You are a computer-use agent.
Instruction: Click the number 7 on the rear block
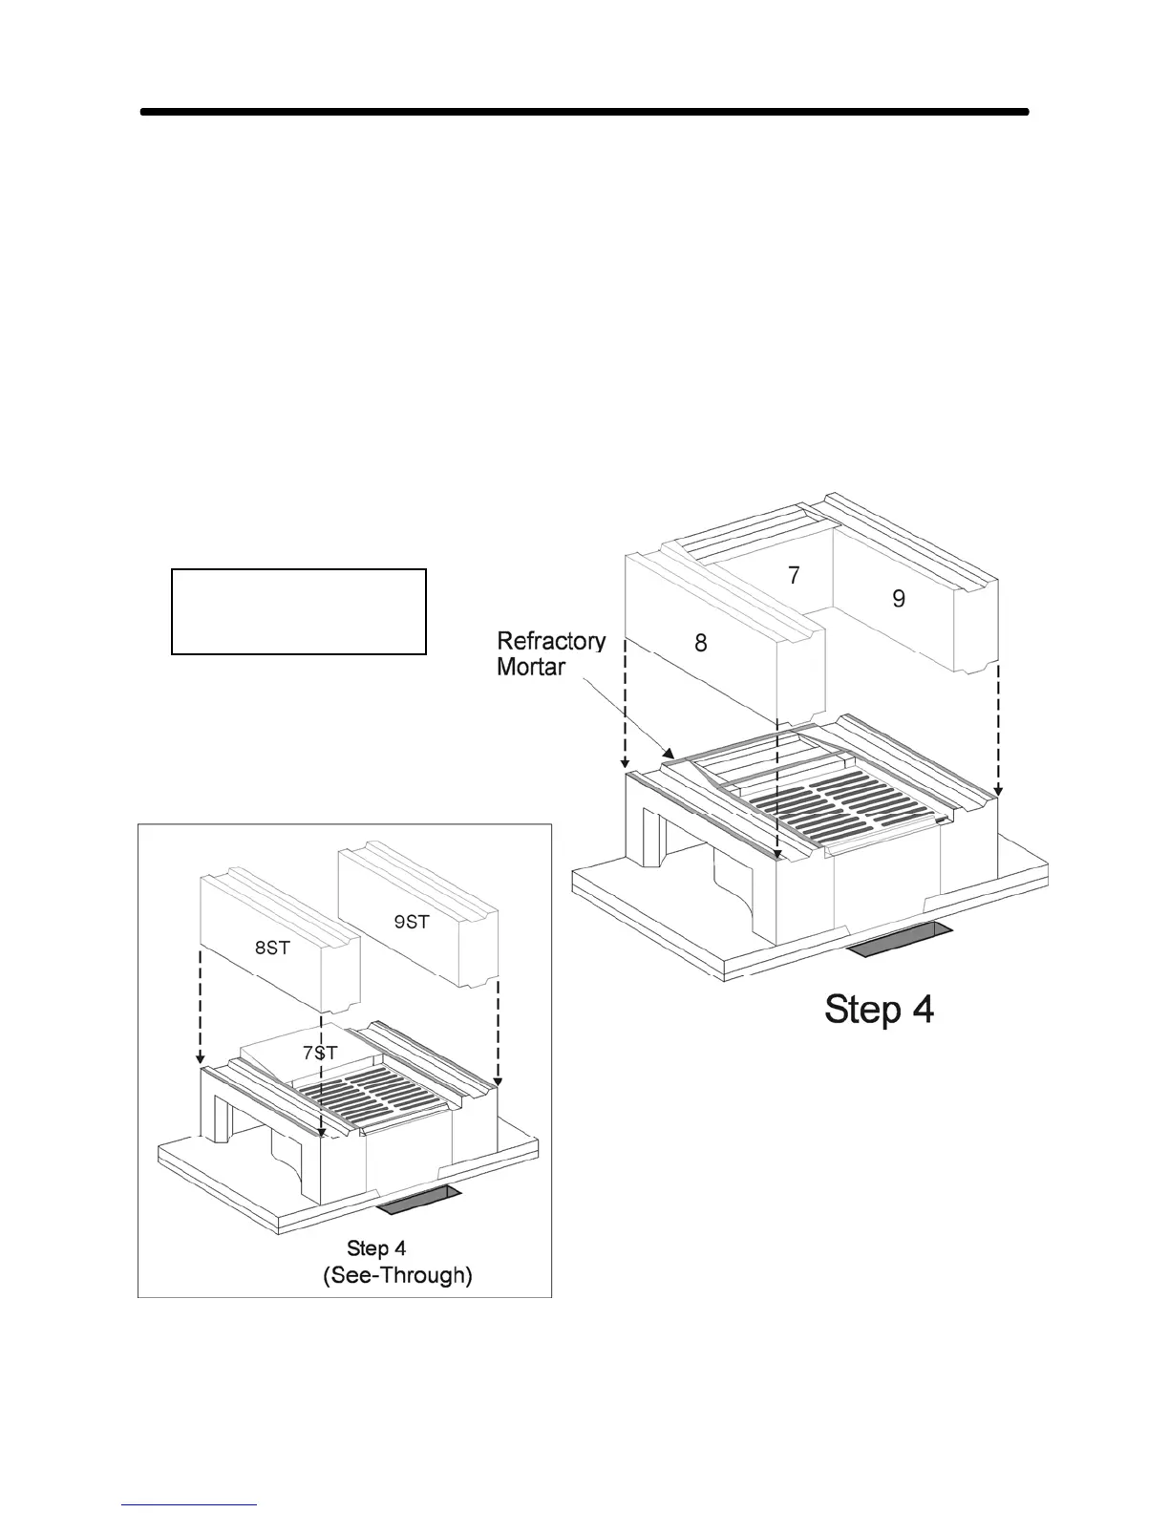pos(794,575)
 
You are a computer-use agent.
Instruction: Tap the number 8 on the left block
pos(701,643)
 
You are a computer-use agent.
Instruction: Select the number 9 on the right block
pos(899,599)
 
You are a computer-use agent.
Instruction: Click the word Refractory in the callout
pos(551,640)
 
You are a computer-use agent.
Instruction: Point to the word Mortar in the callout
pos(531,666)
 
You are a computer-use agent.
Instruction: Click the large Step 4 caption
pos(879,1010)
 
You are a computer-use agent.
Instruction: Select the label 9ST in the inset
pos(412,922)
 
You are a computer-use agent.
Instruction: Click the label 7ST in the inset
pos(320,1053)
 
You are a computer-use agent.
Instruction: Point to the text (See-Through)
pos(397,1275)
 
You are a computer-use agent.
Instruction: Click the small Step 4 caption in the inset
pos(376,1248)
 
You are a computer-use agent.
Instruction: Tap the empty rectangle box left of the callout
pos(298,611)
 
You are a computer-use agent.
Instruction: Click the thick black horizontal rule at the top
pos(584,112)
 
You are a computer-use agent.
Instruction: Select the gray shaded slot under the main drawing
pos(900,940)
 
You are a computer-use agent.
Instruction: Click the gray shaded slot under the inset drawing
pos(418,1201)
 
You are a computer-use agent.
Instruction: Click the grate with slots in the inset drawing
pos(382,1091)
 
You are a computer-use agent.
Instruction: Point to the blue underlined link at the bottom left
pos(190,1506)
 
